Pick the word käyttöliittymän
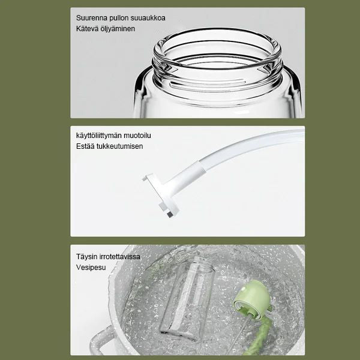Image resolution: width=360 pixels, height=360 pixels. [x=99, y=136]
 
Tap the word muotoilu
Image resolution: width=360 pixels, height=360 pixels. [x=137, y=136]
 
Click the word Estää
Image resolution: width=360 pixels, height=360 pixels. [x=85, y=146]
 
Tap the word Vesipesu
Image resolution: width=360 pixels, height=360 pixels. [x=91, y=268]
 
